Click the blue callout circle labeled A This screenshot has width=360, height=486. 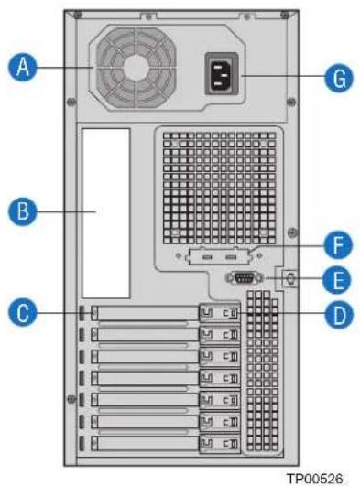coord(23,67)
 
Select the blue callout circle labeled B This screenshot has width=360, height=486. coord(23,211)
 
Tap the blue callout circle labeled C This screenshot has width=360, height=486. coord(23,312)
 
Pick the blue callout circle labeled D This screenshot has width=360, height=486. coord(339,315)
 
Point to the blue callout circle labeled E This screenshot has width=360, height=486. coord(337,279)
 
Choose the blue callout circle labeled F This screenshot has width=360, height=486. coord(338,245)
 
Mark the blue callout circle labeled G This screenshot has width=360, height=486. coord(339,78)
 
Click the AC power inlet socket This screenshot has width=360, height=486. coord(222,74)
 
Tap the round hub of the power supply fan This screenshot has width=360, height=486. coord(136,69)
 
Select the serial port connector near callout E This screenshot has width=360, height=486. coord(245,277)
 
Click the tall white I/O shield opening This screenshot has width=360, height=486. coord(106,213)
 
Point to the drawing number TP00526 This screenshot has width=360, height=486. coord(315,479)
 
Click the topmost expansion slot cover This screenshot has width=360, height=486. coord(145,313)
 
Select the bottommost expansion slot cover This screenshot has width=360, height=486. coord(145,443)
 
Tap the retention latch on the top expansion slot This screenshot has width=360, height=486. coord(220,313)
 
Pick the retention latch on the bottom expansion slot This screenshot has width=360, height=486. coord(220,444)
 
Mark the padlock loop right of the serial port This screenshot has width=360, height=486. coord(289,278)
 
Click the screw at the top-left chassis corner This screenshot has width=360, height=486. coord(78,15)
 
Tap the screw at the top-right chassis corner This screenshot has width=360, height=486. coord(285,15)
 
